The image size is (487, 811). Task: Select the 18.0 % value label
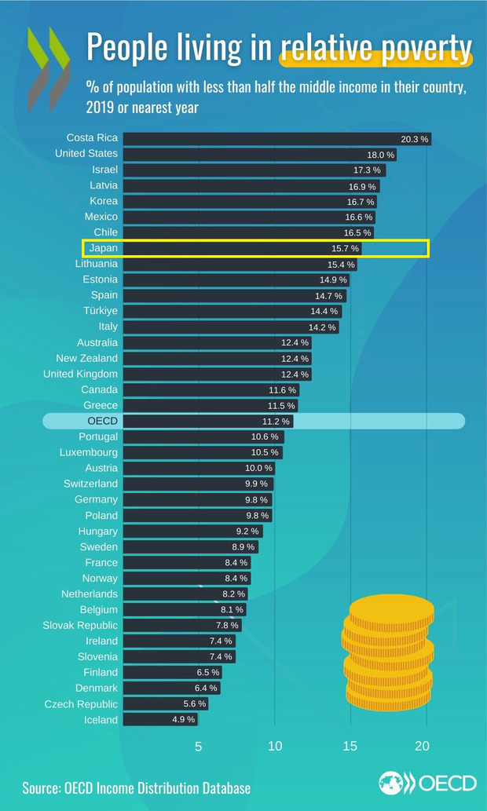point(382,155)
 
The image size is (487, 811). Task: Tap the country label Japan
point(104,248)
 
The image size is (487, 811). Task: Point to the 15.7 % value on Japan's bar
point(345,249)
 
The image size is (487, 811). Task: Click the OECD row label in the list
point(102,421)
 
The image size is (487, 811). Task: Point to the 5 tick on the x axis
point(198,747)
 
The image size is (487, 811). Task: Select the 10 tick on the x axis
point(275,747)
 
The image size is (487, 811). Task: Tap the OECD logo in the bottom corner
point(427,783)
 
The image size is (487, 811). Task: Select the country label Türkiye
point(100,311)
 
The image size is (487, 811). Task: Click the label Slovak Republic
point(80,625)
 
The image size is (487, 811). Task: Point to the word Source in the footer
point(42,787)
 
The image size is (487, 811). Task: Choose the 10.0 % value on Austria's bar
point(258,469)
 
